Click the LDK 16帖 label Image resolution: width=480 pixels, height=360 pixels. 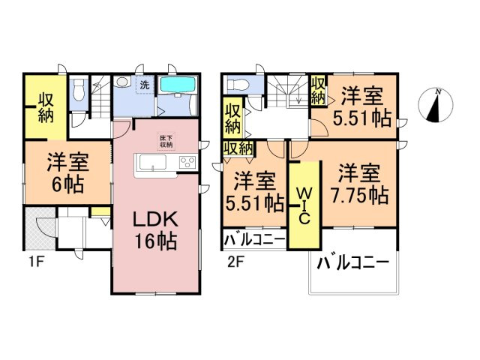point(155,230)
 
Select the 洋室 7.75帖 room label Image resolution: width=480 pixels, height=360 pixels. point(361,184)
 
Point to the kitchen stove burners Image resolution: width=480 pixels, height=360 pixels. point(186,163)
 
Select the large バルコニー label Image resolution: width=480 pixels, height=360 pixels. point(352,264)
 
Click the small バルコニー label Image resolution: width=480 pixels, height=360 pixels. point(254,241)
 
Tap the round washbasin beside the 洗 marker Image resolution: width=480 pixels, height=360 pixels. point(122,82)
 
